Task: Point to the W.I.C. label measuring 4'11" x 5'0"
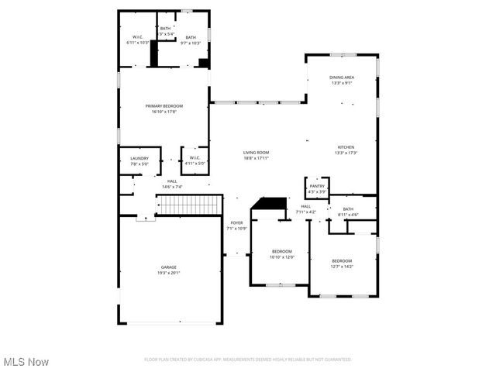pos(195,160)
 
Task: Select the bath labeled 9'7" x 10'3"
pos(191,40)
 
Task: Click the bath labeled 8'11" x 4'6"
pos(348,211)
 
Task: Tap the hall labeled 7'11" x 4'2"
pos(305,208)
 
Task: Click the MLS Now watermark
pos(26,362)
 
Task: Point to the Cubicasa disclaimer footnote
pos(248,360)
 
